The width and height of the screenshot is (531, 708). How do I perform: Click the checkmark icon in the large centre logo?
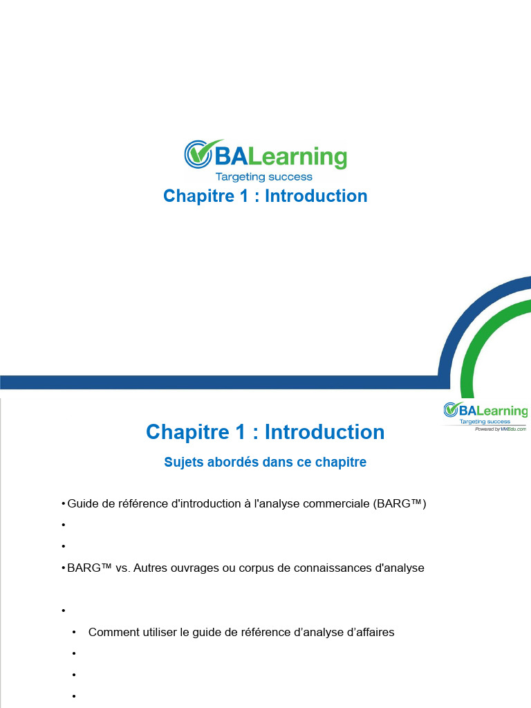tap(198, 153)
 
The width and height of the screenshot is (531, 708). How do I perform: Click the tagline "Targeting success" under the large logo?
tap(264, 176)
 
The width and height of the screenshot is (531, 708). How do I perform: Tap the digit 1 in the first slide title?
tap(244, 196)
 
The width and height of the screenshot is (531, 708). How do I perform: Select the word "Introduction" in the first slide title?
tap(316, 196)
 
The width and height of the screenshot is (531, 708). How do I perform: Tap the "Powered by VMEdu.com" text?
tap(501, 429)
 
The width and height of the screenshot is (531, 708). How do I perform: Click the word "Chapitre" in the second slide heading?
tap(187, 432)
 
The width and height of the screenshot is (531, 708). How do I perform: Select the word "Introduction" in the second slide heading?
tap(325, 432)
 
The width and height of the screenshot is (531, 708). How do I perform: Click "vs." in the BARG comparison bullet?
tap(123, 568)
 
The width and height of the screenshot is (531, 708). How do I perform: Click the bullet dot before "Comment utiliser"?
tap(74, 632)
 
